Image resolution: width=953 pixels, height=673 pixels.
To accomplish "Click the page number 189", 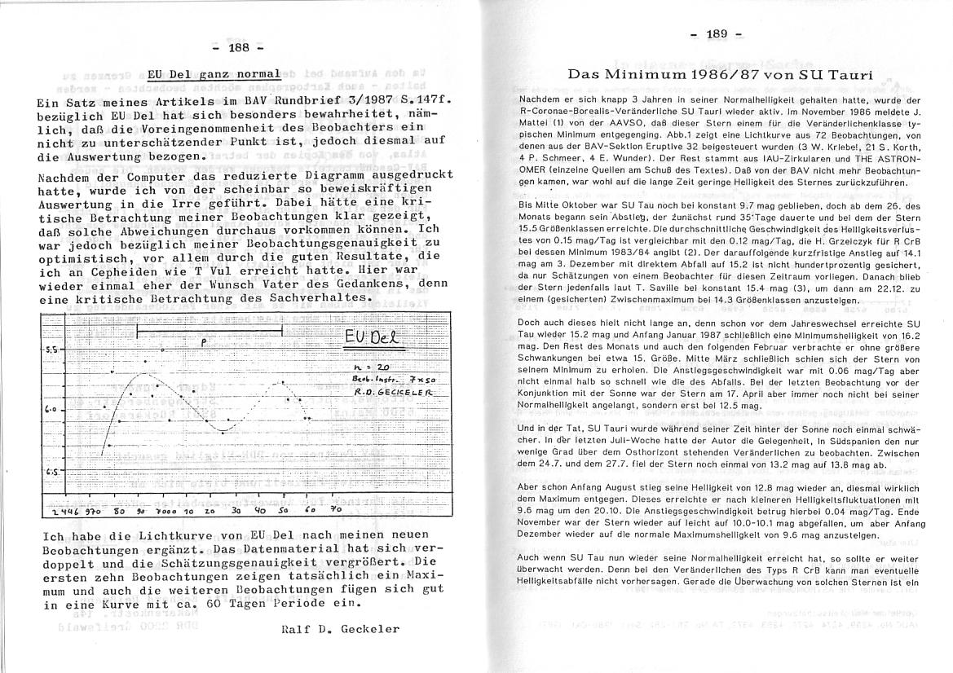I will point(717,34).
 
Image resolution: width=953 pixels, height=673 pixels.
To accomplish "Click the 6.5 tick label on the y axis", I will point(51,472).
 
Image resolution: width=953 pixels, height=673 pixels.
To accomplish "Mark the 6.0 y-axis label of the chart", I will point(50,409).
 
